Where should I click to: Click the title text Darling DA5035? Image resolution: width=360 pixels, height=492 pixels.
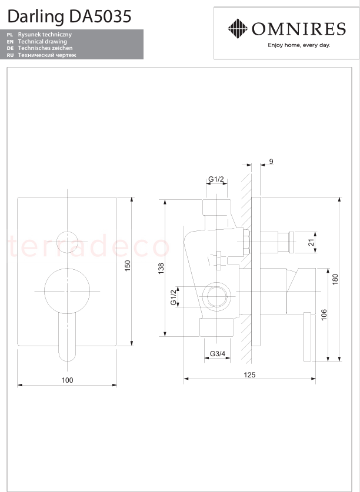click(69, 16)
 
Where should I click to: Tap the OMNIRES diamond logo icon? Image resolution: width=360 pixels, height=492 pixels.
click(238, 29)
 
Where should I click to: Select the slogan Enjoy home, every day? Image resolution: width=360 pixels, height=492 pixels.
click(299, 45)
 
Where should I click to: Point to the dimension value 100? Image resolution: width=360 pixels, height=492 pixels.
click(67, 380)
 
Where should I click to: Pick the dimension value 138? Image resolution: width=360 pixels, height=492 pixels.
click(161, 269)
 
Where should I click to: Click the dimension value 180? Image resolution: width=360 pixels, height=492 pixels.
click(335, 280)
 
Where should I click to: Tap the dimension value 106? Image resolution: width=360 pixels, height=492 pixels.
click(324, 314)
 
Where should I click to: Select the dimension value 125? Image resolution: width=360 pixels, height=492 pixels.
click(250, 374)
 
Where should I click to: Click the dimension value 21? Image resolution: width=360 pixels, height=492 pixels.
click(311, 242)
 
